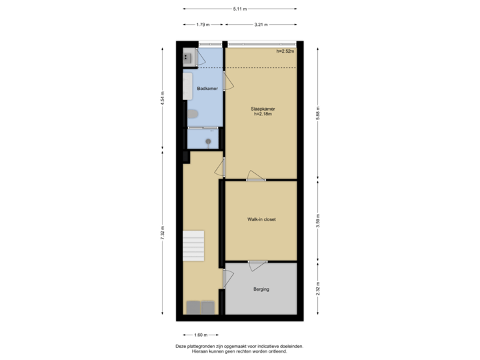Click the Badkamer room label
point(203,88)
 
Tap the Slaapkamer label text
point(261,110)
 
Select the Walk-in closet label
point(261,219)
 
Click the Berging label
point(261,289)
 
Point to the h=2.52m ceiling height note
point(286,52)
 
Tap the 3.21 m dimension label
point(261,25)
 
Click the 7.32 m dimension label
point(162,234)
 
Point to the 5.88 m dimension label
point(318,112)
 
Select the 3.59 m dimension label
point(318,221)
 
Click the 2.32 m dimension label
point(318,289)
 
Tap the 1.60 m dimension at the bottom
point(200,335)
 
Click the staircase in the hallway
point(194,246)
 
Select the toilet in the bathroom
point(193,115)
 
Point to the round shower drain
point(209,141)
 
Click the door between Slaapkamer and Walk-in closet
point(255,177)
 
